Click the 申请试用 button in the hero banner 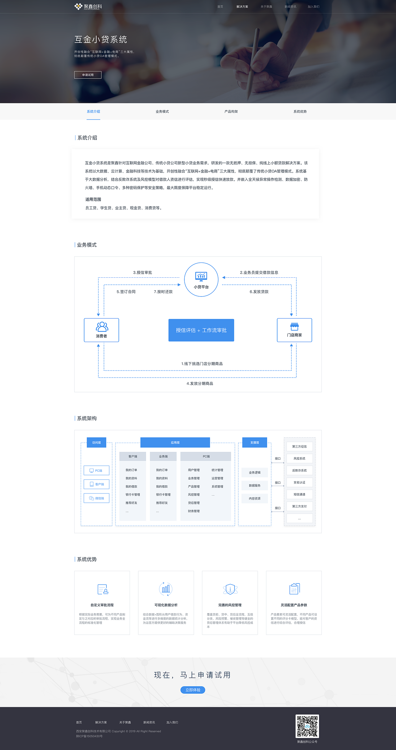click(x=88, y=75)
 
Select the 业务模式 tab click(x=162, y=111)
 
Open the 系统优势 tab click(x=300, y=111)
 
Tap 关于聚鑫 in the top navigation click(x=266, y=7)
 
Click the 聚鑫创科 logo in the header click(x=88, y=7)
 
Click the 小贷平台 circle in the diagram click(x=201, y=280)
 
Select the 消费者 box click(x=101, y=330)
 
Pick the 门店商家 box click(x=294, y=330)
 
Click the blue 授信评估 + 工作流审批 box click(x=201, y=330)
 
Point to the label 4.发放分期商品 click(x=200, y=384)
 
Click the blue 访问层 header click(x=97, y=443)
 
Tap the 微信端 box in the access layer click(x=97, y=498)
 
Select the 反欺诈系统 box click(x=299, y=470)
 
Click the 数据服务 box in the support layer click(x=255, y=486)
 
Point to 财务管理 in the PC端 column click(x=194, y=511)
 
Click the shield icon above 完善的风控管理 click(x=230, y=589)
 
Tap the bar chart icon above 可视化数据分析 click(x=166, y=589)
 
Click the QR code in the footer click(x=307, y=726)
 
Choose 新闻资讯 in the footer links click(x=149, y=722)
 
